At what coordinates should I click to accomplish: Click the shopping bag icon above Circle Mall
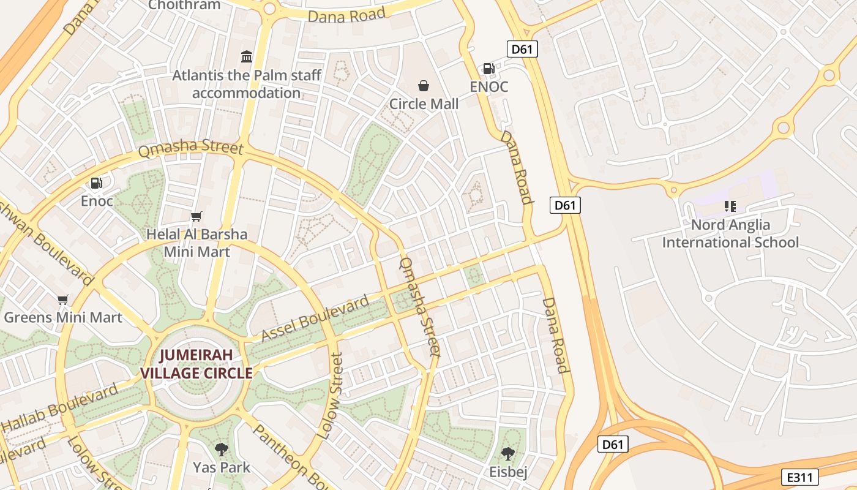point(423,86)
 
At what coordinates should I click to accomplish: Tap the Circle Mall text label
point(424,104)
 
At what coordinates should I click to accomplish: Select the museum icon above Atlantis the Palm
point(247,57)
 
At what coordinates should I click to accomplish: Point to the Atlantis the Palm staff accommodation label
point(247,85)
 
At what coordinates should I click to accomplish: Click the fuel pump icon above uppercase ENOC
point(488,69)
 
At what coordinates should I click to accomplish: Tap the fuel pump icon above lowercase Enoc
point(97,183)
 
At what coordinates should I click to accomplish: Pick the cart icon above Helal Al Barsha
point(196,216)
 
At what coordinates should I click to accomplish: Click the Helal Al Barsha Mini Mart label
point(196,243)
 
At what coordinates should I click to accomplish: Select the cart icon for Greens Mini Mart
point(62,300)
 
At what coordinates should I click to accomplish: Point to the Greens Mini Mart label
point(63,317)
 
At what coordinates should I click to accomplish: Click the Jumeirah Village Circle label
point(196,364)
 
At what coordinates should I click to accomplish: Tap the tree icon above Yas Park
point(222,450)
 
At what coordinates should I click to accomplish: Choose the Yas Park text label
point(222,468)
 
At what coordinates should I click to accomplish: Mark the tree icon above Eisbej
point(507,454)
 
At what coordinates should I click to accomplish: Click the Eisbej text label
point(507,472)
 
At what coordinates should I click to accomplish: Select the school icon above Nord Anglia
point(730,206)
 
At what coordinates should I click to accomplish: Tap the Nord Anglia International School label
point(730,233)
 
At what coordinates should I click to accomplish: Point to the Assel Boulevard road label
point(315,317)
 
